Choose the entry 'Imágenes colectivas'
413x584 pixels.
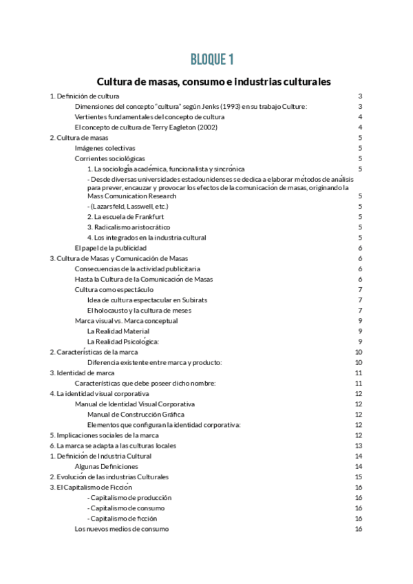[x=105, y=148]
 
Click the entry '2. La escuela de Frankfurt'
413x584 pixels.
[x=125, y=216]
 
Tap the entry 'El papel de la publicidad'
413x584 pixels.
[x=110, y=247]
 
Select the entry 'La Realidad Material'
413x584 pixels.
[x=118, y=331]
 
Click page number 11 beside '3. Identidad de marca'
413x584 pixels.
[x=359, y=373]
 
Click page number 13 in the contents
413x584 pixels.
[x=359, y=446]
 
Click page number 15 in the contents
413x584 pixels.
[x=359, y=477]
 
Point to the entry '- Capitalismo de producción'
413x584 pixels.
[x=129, y=497]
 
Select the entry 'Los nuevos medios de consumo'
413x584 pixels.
[x=121, y=529]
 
